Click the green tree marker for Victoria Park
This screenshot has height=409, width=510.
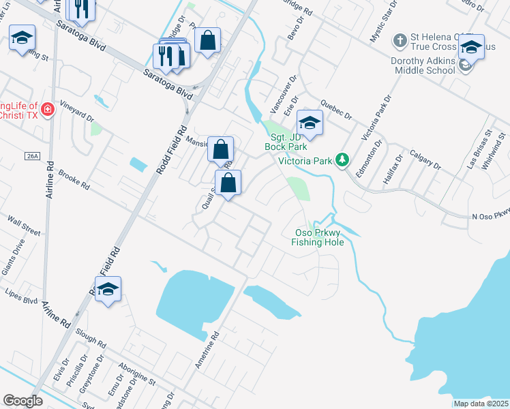click(x=344, y=161)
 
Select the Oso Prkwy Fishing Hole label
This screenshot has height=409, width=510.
click(x=317, y=237)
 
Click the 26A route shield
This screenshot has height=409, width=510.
click(x=32, y=156)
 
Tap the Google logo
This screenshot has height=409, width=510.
click(x=22, y=401)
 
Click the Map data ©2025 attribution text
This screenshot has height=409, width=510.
click(x=481, y=404)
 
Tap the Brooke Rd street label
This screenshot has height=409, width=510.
click(x=74, y=179)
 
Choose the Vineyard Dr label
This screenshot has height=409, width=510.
click(x=76, y=112)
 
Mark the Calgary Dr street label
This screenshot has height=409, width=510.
click(x=427, y=162)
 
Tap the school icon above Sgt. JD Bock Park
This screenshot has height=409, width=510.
click(x=310, y=123)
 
